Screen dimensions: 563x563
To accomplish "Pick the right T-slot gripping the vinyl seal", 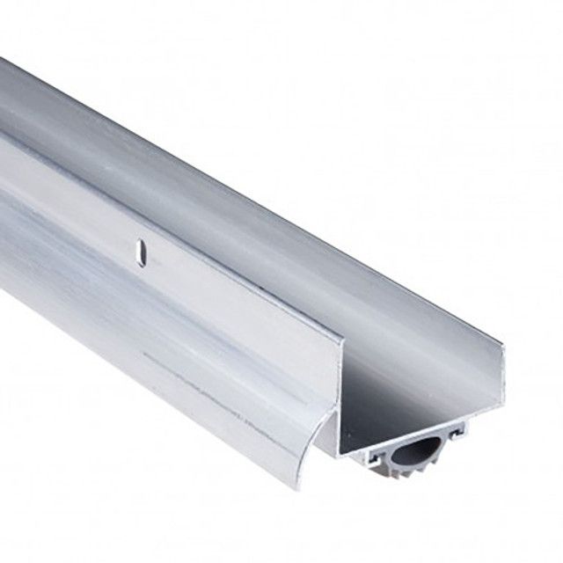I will (456, 431).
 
